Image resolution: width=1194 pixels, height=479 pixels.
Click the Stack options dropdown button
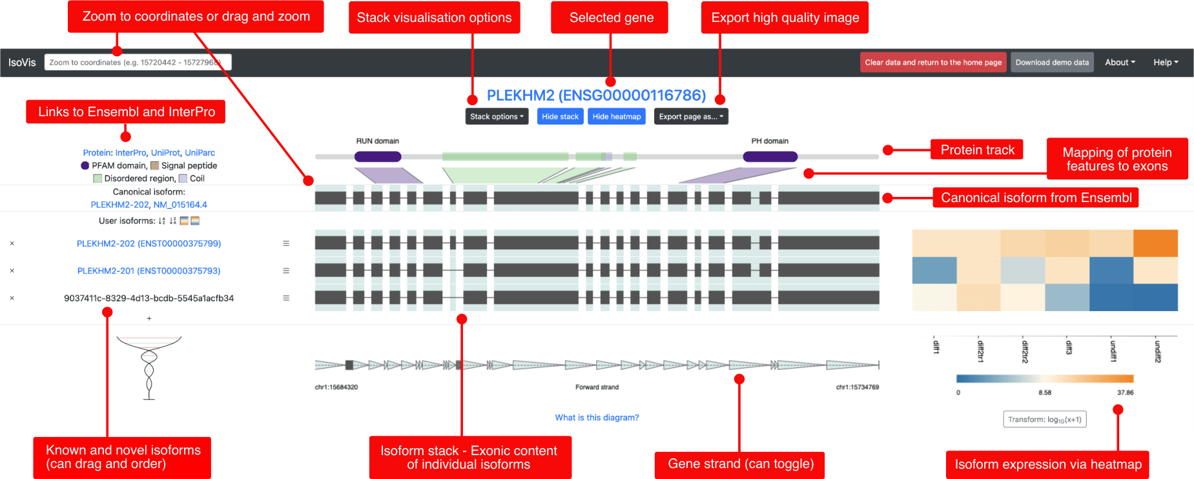coord(497,116)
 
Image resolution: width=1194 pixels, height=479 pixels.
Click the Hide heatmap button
coord(617,116)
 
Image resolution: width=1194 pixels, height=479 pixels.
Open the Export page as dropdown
coord(691,116)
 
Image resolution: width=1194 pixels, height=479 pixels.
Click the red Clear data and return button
coord(933,63)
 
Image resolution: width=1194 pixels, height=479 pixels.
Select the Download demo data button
coord(1052,63)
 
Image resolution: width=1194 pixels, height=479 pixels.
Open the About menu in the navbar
coord(1120,63)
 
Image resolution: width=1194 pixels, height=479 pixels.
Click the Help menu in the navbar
coord(1166,63)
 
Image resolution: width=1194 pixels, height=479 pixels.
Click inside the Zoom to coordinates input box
coord(138,63)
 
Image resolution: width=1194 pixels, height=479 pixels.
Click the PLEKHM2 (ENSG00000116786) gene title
coord(596,96)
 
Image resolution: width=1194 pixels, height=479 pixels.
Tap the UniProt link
coord(165,153)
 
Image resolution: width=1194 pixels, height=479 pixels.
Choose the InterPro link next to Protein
coord(130,153)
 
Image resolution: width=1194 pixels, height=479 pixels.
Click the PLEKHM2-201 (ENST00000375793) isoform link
coord(149,271)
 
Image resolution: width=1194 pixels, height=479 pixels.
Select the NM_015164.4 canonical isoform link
coord(180,205)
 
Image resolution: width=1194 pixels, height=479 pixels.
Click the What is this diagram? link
coord(597,418)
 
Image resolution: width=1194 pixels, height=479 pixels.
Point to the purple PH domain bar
coord(770,156)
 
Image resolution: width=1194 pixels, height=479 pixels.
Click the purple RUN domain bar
coord(378,156)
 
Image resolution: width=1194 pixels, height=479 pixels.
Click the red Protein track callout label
coord(977,150)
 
